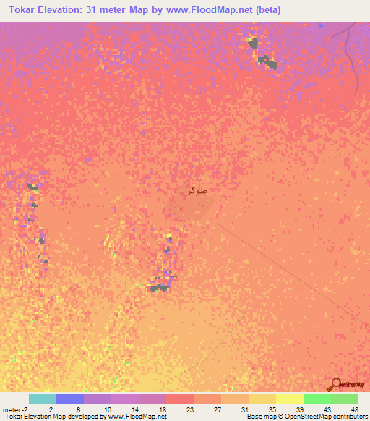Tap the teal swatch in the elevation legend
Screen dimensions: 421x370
(43, 399)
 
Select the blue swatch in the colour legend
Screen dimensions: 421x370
(70, 399)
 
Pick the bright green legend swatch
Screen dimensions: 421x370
(317, 399)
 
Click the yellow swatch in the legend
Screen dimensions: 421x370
(290, 399)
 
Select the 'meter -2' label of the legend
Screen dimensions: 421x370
(14, 409)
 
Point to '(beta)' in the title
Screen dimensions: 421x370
(265, 10)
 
